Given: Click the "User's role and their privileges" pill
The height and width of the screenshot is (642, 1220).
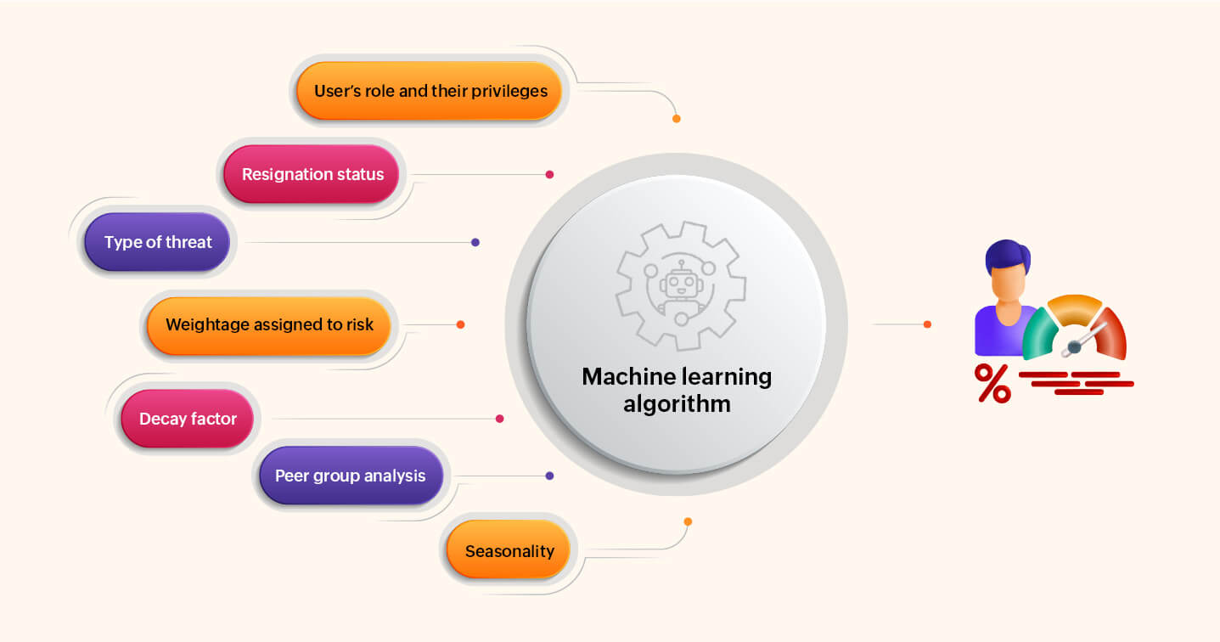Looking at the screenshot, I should pyautogui.click(x=430, y=91).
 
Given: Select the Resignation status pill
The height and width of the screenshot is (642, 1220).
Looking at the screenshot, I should pyautogui.click(x=312, y=174).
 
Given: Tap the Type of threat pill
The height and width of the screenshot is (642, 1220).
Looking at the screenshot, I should pyautogui.click(x=158, y=242).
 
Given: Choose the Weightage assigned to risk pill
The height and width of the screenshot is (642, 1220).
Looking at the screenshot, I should pyautogui.click(x=269, y=324).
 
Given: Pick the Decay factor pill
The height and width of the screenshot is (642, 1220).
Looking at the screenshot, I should pyautogui.click(x=188, y=419).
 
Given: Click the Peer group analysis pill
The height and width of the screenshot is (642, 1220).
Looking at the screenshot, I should pyautogui.click(x=350, y=476).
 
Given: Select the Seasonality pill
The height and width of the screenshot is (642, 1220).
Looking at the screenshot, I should pyautogui.click(x=509, y=551).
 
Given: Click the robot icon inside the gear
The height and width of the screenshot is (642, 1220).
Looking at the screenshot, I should pyautogui.click(x=679, y=287).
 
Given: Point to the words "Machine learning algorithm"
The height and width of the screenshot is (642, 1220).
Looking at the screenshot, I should pyautogui.click(x=677, y=389).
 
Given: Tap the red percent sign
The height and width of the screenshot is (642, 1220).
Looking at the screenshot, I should pyautogui.click(x=992, y=383).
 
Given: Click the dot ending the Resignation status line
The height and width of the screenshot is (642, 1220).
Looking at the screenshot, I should pyautogui.click(x=549, y=174).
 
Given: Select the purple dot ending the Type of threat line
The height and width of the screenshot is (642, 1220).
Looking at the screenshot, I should pyautogui.click(x=475, y=242).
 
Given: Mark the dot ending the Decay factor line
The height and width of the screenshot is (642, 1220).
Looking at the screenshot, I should pyautogui.click(x=499, y=419).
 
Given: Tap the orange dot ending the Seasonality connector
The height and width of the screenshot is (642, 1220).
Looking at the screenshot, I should pyautogui.click(x=688, y=521).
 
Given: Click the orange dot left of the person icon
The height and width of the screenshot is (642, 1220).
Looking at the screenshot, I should pyautogui.click(x=927, y=324).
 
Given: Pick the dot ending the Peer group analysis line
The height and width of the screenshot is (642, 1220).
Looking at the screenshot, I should pyautogui.click(x=549, y=476).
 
